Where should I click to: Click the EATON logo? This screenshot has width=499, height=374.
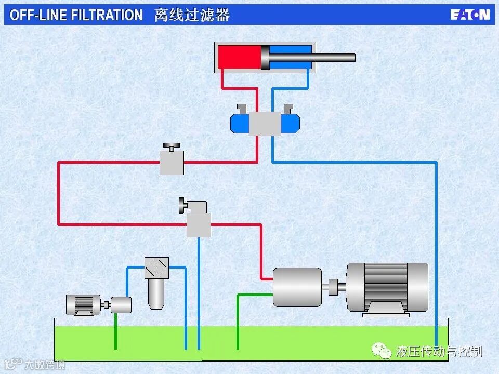[x=470, y=15]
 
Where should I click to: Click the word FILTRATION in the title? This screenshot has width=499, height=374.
[x=107, y=15]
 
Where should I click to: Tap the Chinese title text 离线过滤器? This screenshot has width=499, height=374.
[x=192, y=15]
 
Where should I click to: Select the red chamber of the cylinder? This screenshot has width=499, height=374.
[x=239, y=57]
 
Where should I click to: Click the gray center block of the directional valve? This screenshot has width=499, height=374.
[x=265, y=124]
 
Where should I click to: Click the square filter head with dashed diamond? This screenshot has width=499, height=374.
[x=156, y=268]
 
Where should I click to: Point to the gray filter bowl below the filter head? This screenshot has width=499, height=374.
[x=156, y=293]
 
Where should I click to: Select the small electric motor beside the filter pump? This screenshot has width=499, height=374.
[x=83, y=305]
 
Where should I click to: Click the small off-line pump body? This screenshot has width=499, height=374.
[x=121, y=305]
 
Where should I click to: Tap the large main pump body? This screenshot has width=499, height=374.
[x=297, y=287]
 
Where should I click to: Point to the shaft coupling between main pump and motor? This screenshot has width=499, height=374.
[x=334, y=286]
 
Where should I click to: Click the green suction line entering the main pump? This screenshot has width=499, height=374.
[x=238, y=317]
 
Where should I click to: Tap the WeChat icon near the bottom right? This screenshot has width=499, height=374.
[x=383, y=352]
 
